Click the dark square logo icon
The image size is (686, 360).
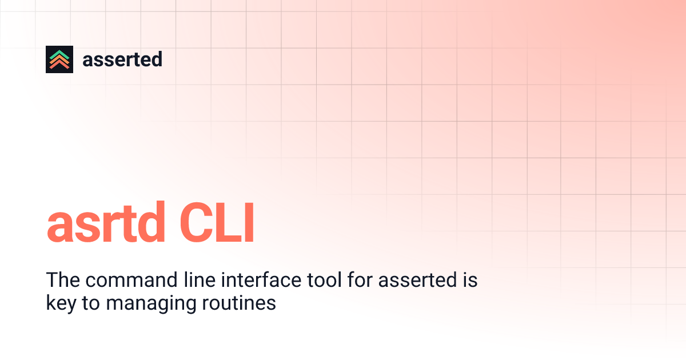click(59, 59)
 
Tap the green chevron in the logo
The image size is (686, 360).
click(59, 54)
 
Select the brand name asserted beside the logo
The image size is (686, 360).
click(122, 59)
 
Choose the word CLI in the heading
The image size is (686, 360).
click(217, 226)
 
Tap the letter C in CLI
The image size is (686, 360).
click(196, 226)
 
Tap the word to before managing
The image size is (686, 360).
click(90, 303)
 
